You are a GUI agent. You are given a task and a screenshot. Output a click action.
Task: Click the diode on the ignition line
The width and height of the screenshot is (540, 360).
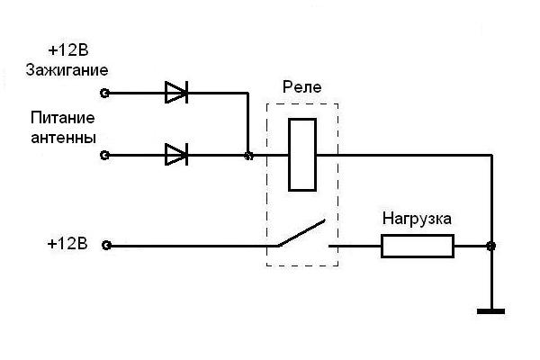[x=176, y=91]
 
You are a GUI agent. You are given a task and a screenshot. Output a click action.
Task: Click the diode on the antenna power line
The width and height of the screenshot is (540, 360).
[x=176, y=155]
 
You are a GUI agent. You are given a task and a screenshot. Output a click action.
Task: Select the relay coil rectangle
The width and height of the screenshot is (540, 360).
[x=301, y=154]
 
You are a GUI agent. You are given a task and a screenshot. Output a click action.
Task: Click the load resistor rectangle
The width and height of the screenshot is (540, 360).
[x=417, y=246]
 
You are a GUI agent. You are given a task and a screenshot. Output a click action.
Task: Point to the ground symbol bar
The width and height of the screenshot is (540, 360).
[x=490, y=311]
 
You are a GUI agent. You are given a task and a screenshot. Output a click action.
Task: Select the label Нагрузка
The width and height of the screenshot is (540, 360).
[x=417, y=219]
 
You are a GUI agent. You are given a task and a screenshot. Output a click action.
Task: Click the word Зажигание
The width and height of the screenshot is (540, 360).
[x=67, y=69]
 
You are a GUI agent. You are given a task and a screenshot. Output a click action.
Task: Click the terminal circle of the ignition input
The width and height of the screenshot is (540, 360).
[x=105, y=92]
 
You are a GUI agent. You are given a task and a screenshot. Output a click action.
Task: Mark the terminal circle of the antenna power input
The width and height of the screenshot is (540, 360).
[x=105, y=156]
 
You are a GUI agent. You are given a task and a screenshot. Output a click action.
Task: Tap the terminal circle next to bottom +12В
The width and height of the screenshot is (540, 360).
[x=106, y=245]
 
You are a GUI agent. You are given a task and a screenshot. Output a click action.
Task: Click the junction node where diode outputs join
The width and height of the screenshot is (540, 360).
[x=248, y=156]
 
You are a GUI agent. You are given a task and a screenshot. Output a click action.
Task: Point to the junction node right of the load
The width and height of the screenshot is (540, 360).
[x=490, y=246]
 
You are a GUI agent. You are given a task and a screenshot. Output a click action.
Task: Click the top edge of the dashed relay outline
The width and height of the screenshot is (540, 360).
[x=302, y=103]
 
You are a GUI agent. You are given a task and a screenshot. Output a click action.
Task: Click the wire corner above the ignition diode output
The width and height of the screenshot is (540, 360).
[x=248, y=92]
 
